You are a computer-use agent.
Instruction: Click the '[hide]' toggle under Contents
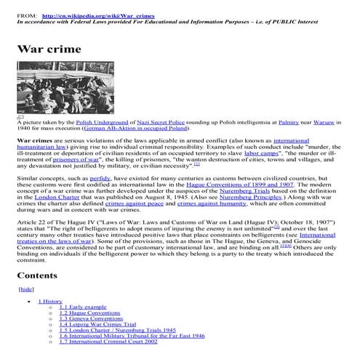25,289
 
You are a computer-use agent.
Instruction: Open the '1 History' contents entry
50,300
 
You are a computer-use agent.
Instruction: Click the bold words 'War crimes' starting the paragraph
35,140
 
